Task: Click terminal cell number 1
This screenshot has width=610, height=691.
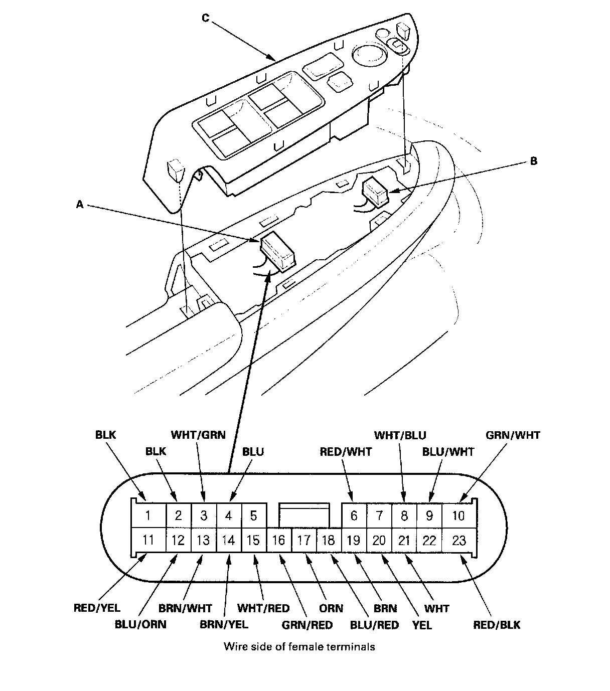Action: coord(148,515)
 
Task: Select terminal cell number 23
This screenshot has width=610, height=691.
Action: coord(459,540)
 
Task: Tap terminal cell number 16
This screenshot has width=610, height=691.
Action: coord(279,540)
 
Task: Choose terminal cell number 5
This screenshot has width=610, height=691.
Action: coord(254,515)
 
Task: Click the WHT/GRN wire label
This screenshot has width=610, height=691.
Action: coord(198,435)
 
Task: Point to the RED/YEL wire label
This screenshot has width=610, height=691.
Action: coord(97,608)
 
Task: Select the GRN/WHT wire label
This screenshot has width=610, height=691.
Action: coord(513,435)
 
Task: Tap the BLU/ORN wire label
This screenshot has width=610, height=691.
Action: coord(140,624)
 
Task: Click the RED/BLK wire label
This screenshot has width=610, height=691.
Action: coord(497,624)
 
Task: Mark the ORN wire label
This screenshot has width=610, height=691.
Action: coord(331,608)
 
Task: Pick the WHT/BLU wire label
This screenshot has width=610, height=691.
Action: coord(400,435)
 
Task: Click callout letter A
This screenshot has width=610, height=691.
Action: coord(79,204)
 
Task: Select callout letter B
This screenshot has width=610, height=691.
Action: coord(533,161)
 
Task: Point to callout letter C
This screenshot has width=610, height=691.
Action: coord(205,18)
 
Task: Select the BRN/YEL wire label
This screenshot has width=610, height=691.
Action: coord(224,624)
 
